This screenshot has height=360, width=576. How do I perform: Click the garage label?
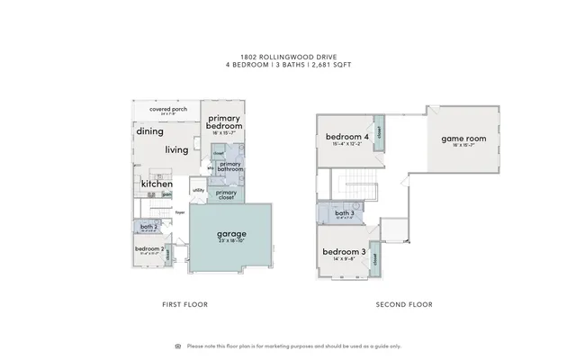(x=230, y=234)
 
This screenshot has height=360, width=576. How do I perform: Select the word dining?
(x=149, y=131)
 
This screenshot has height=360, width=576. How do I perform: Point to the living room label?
(x=176, y=149)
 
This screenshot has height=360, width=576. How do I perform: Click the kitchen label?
(x=156, y=184)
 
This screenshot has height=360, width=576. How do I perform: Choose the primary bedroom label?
(x=224, y=122)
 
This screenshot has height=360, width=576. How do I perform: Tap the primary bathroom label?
(x=230, y=166)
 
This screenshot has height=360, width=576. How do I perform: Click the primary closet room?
(x=227, y=193)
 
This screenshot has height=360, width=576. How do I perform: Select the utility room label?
(x=199, y=191)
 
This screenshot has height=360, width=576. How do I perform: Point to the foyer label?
(x=180, y=212)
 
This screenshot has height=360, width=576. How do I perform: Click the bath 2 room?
(x=148, y=228)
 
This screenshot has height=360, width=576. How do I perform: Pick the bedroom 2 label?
(x=148, y=249)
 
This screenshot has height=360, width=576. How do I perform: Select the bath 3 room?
(x=343, y=214)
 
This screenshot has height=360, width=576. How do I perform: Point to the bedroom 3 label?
(x=343, y=252)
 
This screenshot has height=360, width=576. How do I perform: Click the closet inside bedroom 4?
(x=379, y=131)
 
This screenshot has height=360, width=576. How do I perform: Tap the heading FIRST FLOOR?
(x=184, y=304)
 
